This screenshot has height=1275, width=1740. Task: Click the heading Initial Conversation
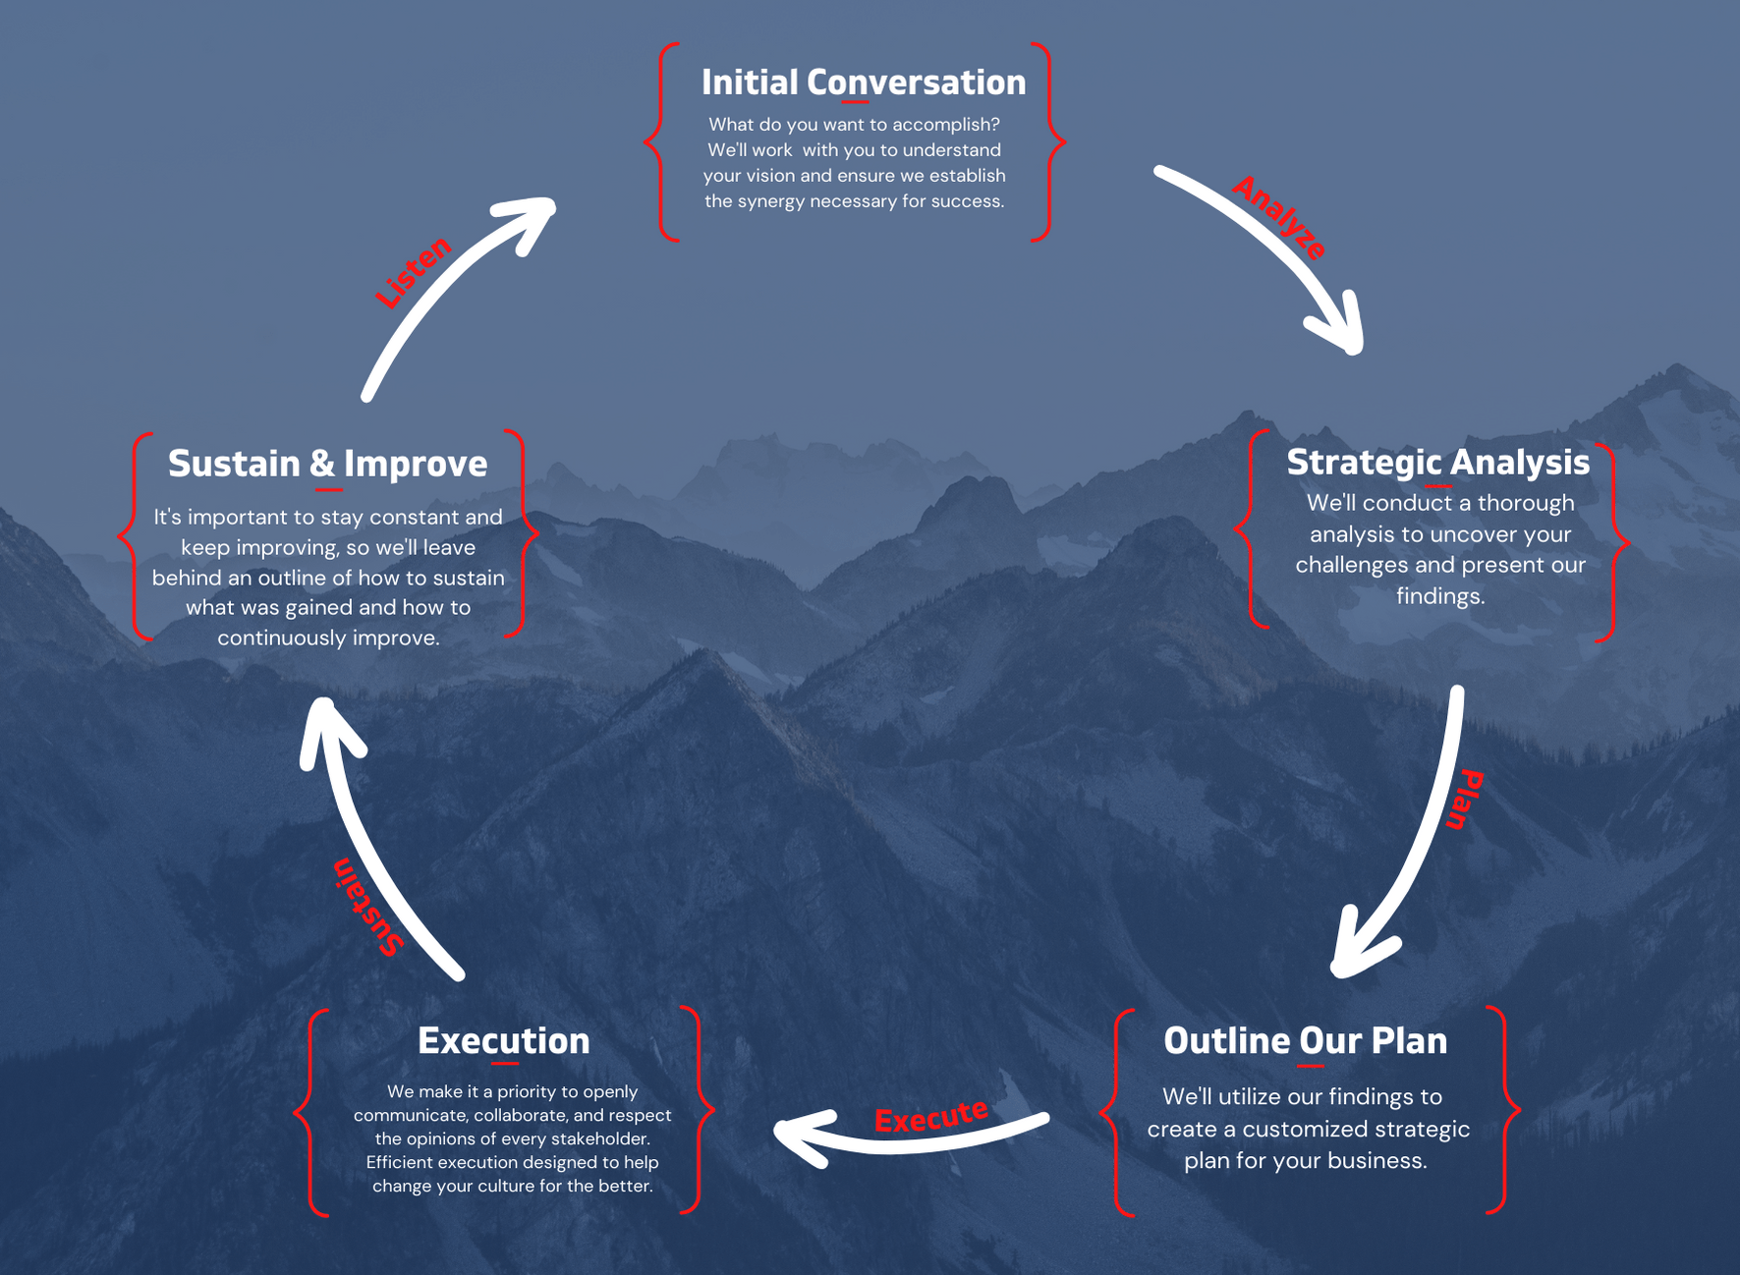[864, 83]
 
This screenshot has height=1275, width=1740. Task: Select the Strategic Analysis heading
[1438, 463]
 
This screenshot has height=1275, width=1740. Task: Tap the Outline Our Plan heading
[1306, 1041]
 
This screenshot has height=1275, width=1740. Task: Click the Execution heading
[504, 1041]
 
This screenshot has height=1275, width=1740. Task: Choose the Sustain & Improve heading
[327, 464]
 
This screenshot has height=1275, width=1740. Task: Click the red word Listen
[414, 272]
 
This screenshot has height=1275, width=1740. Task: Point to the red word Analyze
[1279, 217]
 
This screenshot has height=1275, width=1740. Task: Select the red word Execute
[931, 1117]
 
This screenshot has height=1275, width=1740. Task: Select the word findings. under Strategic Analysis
[1440, 596]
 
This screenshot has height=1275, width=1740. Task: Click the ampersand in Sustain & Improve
[323, 465]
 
